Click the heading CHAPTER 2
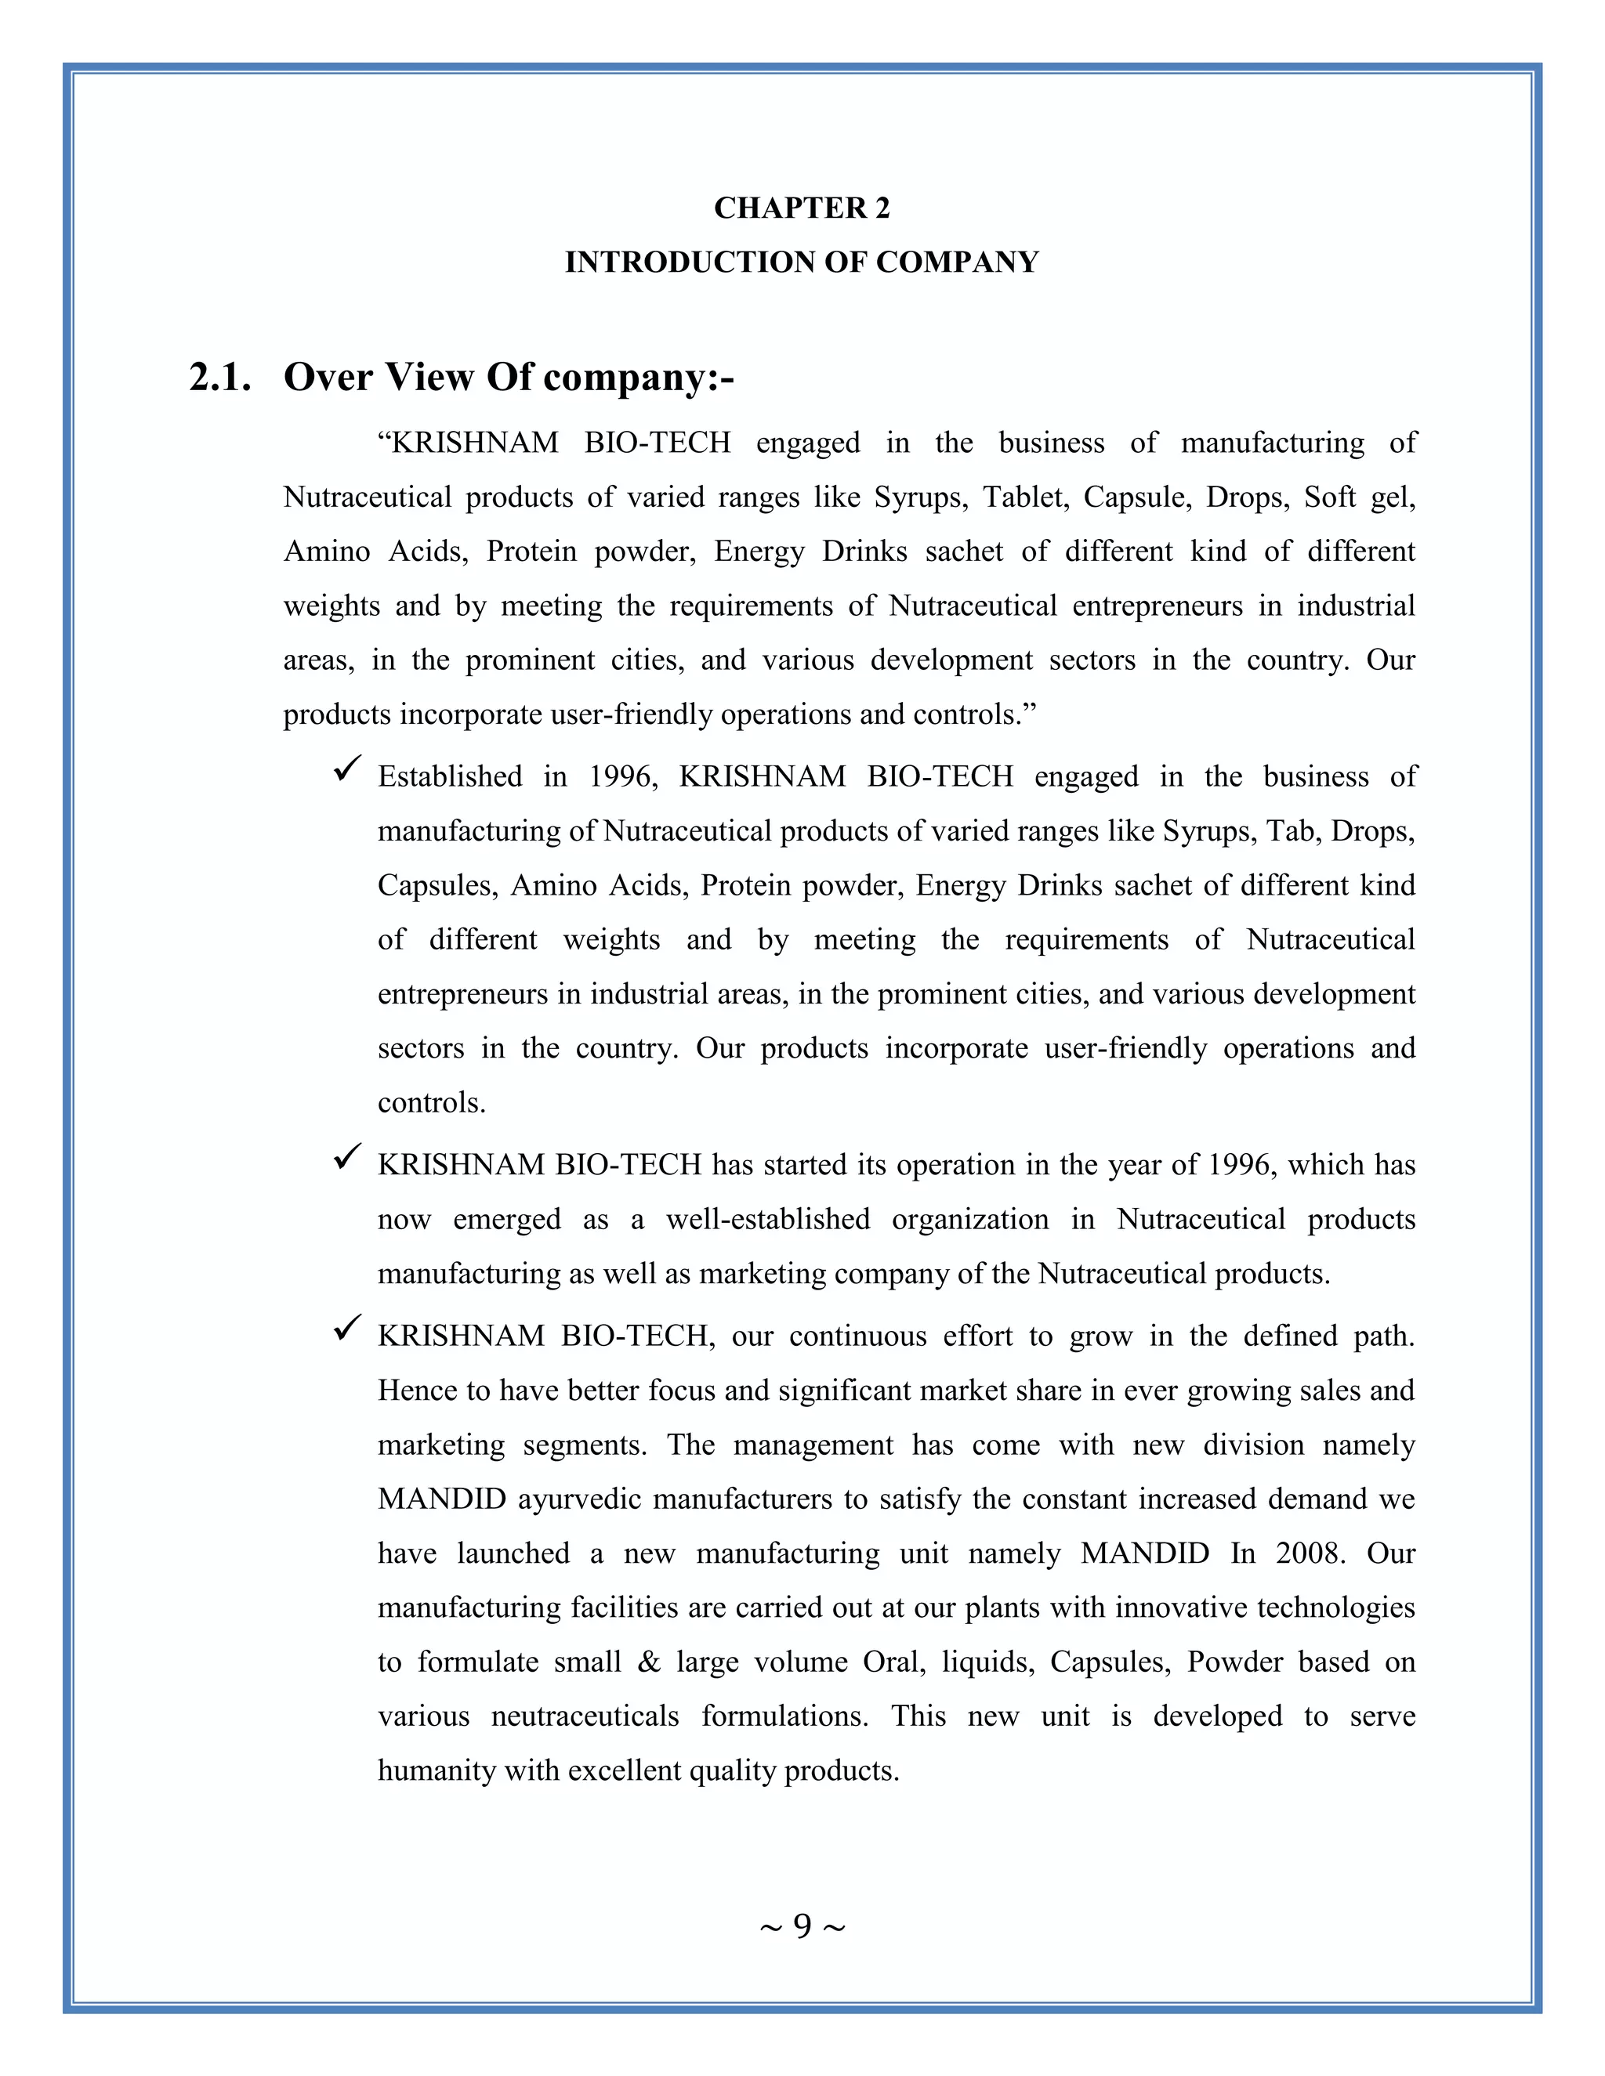(802, 208)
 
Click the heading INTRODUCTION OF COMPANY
(802, 262)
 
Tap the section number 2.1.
(220, 378)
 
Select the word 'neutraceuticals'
(585, 1716)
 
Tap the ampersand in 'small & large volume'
(650, 1662)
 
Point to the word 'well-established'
(767, 1219)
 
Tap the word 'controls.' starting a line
(432, 1103)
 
